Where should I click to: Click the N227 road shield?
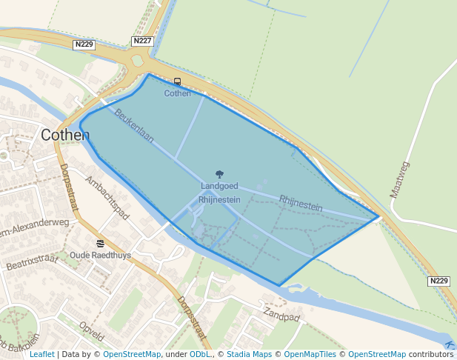tap(143, 41)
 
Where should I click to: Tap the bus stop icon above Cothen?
tap(177, 82)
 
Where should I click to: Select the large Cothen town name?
tap(65, 135)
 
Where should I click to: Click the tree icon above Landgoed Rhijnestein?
tap(219, 174)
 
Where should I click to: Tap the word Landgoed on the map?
tap(219, 186)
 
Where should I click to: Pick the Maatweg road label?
tap(400, 179)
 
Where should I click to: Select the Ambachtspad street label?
tap(107, 198)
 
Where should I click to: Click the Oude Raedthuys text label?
tap(100, 255)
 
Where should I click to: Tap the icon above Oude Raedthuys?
tap(100, 243)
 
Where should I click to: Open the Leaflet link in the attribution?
tap(41, 354)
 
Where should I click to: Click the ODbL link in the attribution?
tap(200, 354)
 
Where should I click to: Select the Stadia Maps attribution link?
tap(249, 354)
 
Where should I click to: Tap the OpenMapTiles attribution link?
tap(310, 354)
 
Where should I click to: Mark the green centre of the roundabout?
tap(137, 61)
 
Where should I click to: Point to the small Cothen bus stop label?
tap(177, 93)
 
